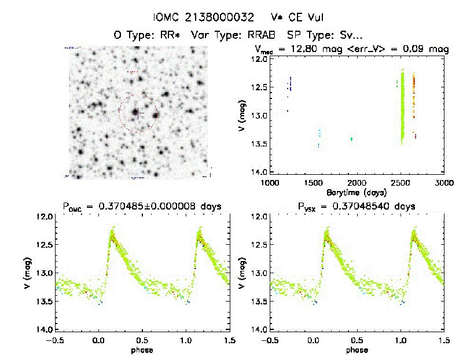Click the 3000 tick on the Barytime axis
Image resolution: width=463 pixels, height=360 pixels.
pyautogui.click(x=444, y=183)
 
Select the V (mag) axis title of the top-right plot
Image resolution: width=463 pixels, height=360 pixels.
pyautogui.click(x=242, y=115)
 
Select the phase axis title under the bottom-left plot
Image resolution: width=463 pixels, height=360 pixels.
pyautogui.click(x=142, y=350)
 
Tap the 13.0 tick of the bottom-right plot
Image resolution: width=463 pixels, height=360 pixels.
pyautogui.click(x=259, y=273)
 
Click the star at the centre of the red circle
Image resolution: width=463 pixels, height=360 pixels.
pyautogui.click(x=136, y=112)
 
